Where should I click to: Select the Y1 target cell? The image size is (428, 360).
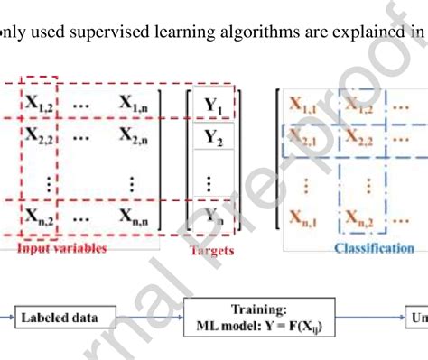[x=213, y=106]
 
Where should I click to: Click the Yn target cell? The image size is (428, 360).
[x=213, y=216]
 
